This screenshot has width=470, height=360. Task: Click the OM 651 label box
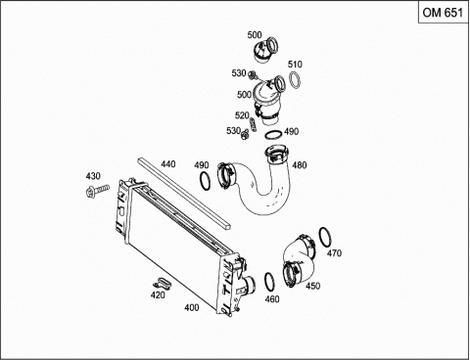[x=444, y=13]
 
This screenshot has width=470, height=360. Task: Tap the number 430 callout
[x=93, y=176]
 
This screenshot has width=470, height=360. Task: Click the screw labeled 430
[x=97, y=190]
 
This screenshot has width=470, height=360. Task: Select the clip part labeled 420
[x=164, y=283]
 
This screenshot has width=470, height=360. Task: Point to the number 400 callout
[x=192, y=307]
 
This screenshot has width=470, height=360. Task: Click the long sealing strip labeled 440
[x=184, y=193]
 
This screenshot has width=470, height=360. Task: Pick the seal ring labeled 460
[x=269, y=282]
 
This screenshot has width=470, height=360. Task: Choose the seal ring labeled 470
[x=325, y=237]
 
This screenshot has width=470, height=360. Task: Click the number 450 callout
[x=312, y=286]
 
